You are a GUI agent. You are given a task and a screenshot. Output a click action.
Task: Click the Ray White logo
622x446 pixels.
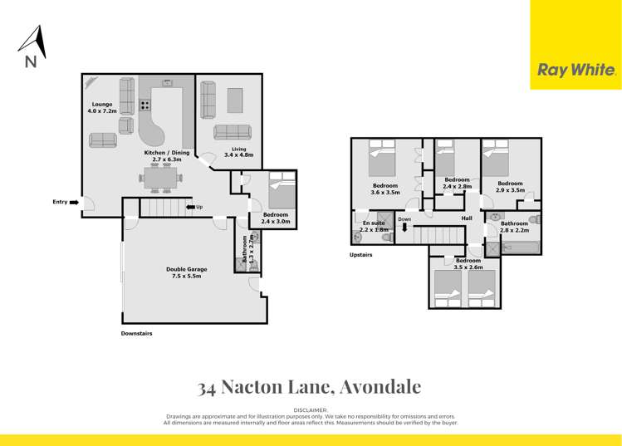tap(576, 71)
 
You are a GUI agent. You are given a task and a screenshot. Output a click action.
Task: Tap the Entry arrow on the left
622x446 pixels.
tap(75, 202)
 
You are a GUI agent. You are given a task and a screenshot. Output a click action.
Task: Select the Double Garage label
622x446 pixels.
tap(186, 272)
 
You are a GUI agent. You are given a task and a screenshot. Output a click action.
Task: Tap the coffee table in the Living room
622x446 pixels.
tap(235, 100)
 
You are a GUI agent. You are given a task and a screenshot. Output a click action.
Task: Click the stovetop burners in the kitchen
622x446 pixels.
tap(144, 105)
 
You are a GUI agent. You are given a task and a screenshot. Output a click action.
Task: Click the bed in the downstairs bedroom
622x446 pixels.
tap(279, 192)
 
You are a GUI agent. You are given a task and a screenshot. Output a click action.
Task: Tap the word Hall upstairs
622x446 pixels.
tap(467, 218)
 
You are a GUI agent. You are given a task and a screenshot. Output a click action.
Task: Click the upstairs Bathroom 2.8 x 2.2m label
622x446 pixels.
tap(514, 226)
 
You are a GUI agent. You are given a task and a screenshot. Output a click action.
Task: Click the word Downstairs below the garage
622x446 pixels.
tap(136, 333)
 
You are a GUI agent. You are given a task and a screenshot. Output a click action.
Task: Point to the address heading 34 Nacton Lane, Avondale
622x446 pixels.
tap(310, 387)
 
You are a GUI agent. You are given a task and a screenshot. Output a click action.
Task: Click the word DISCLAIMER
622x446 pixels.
tap(311, 410)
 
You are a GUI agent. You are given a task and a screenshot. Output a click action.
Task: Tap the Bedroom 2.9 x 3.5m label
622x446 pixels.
tap(510, 186)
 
